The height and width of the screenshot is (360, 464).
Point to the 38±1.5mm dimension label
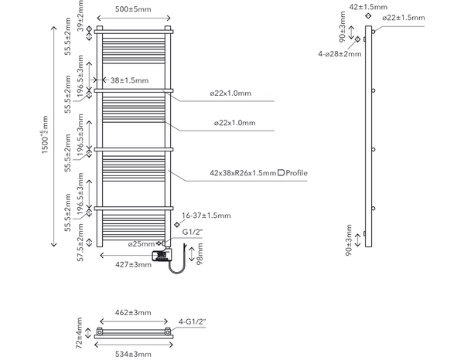click(x=128, y=80)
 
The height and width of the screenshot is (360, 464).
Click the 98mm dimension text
click(x=200, y=253)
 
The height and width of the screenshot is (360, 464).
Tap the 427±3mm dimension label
click(x=132, y=265)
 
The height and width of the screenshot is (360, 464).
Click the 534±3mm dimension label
click(x=132, y=354)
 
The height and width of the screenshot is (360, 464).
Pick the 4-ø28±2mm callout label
click(x=339, y=54)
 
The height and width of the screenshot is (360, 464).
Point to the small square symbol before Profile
click(x=281, y=172)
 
